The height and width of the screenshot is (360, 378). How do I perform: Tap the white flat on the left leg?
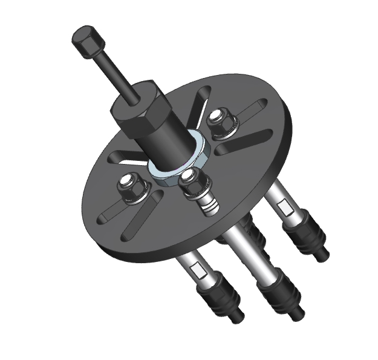pos(194,268)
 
